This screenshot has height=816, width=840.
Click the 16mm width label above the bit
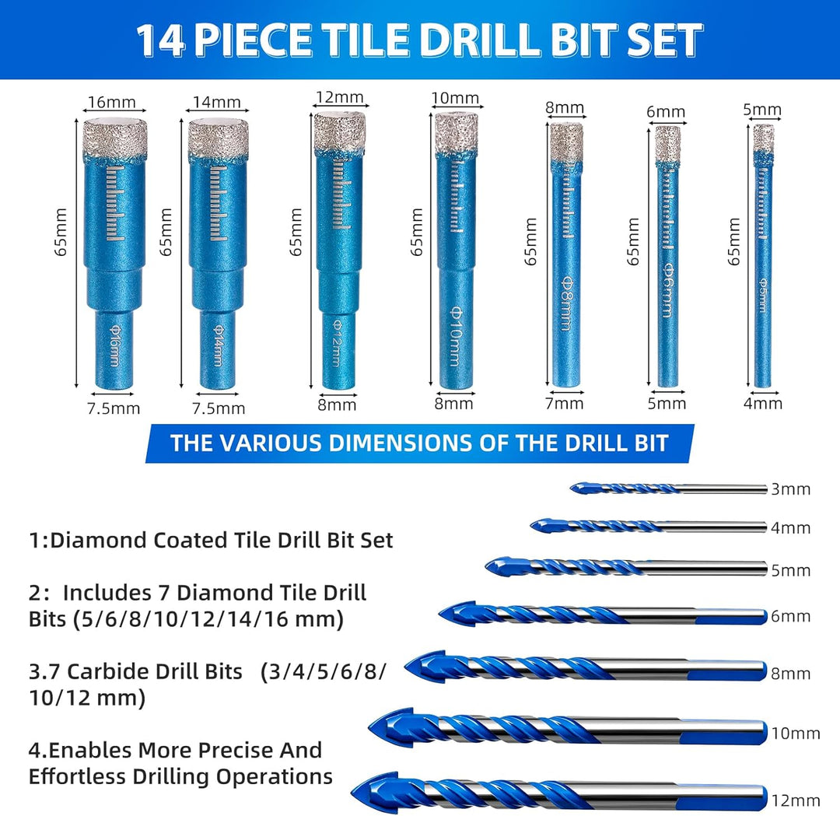pyautogui.click(x=111, y=102)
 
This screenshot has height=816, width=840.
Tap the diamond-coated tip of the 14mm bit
pyautogui.click(x=218, y=138)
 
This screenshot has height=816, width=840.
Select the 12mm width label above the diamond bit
pyautogui.click(x=340, y=97)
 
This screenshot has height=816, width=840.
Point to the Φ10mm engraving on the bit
pyautogui.click(x=455, y=336)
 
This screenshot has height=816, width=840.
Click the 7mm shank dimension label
pyautogui.click(x=564, y=404)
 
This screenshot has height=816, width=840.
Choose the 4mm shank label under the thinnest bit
pyautogui.click(x=763, y=404)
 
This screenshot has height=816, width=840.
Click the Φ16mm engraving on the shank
pyautogui.click(x=114, y=346)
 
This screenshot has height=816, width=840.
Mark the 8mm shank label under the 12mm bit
pyautogui.click(x=337, y=404)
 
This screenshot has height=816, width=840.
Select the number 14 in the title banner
pyautogui.click(x=160, y=40)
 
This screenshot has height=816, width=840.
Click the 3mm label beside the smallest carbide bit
pyautogui.click(x=790, y=489)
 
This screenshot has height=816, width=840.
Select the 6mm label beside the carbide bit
pyautogui.click(x=790, y=617)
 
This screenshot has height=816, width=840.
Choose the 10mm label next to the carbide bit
pyautogui.click(x=796, y=734)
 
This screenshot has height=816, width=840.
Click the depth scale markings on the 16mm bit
pyautogui.click(x=114, y=203)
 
